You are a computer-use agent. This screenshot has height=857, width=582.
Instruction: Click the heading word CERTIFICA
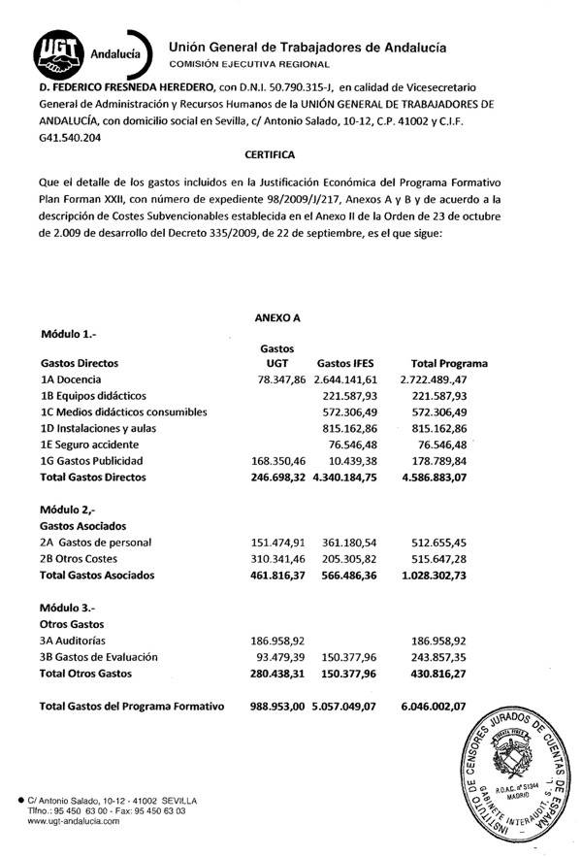click(x=272, y=153)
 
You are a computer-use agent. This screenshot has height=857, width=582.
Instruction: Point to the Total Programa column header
click(x=450, y=363)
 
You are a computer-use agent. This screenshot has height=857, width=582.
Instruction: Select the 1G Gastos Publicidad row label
click(x=105, y=460)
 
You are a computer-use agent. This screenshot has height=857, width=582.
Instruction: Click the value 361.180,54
click(x=354, y=542)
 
